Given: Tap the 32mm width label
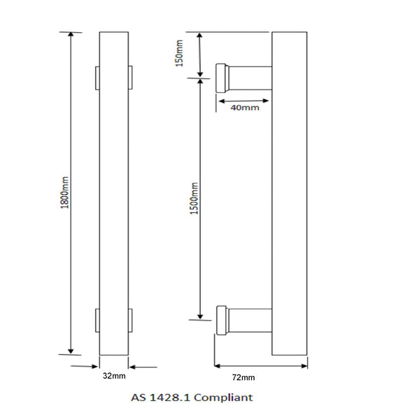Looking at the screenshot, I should (114, 376).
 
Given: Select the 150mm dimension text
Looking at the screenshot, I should (179, 54).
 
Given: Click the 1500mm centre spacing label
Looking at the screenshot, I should (194, 198).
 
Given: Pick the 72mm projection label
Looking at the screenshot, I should (243, 377).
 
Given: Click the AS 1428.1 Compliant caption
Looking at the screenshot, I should (191, 398).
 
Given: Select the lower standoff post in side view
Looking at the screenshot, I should (248, 320).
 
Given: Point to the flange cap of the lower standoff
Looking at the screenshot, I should (221, 320).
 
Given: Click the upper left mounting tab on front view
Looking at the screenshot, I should (97, 78).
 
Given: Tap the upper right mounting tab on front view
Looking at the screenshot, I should (130, 78).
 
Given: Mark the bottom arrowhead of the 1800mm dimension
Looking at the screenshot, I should (70, 349).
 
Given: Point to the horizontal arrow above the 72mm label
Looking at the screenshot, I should (260, 365).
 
